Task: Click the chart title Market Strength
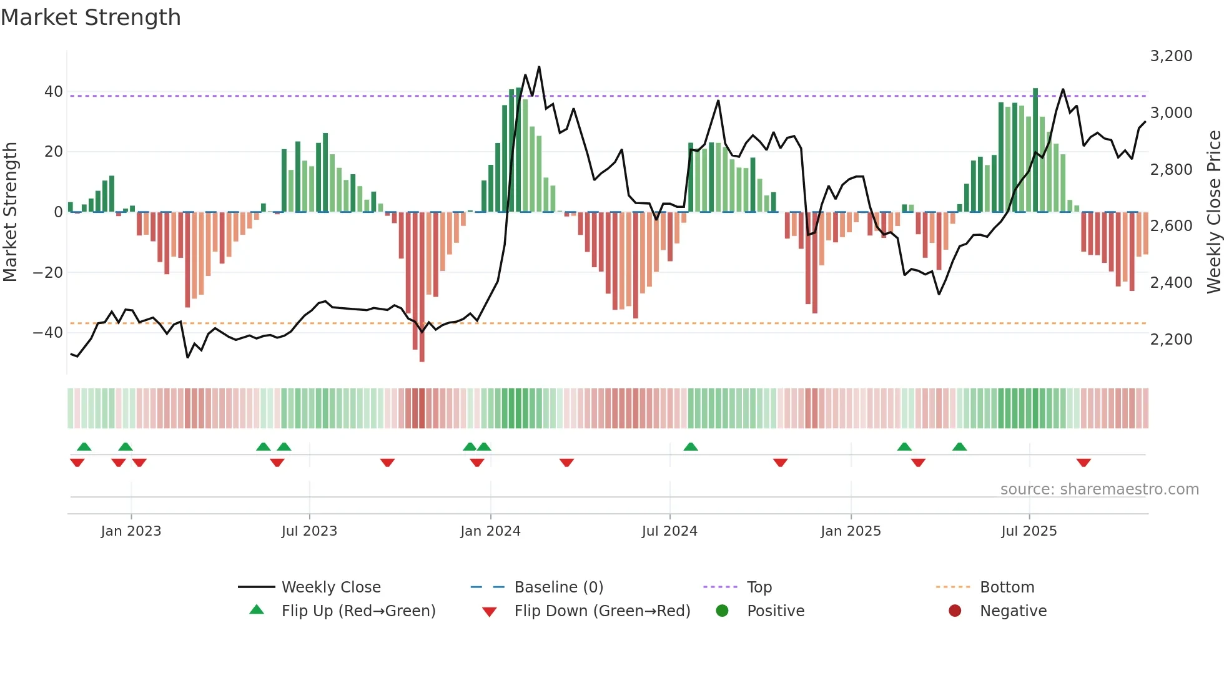pos(91,17)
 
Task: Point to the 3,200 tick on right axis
pos(1171,56)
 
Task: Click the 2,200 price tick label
pos(1171,340)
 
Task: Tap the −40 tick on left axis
pos(47,333)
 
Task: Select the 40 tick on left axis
pos(53,92)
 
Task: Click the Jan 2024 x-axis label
pos(490,531)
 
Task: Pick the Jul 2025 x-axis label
pos(1029,531)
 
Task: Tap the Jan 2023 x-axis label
pos(131,531)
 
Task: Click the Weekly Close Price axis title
pos(1213,212)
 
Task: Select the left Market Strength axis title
pos(10,212)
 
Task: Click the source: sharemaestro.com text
pos(1099,489)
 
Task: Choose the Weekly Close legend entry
pos(331,587)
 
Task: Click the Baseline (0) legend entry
pos(558,587)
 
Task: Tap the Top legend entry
pos(759,587)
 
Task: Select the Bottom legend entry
pos(1007,587)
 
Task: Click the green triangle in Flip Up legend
pos(257,610)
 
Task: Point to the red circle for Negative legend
pos(955,611)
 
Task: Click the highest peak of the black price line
pos(539,67)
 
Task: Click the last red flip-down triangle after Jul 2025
pos(1083,463)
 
